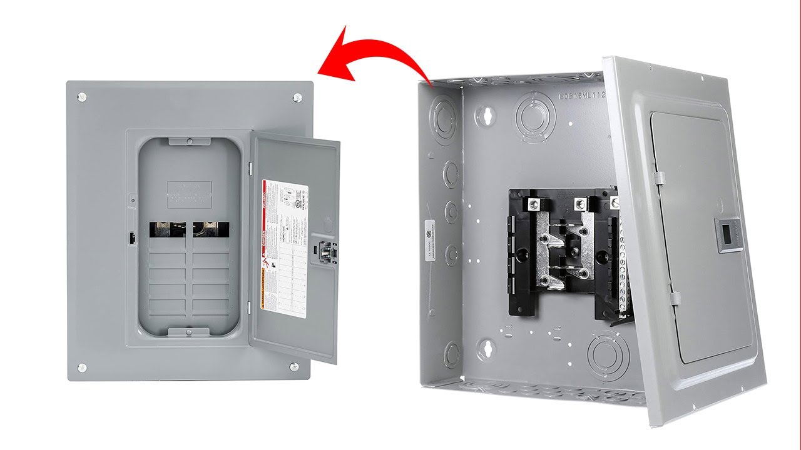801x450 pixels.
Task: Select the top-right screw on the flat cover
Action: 297,97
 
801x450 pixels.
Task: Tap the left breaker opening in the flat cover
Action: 168,228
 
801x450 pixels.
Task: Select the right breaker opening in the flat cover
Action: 210,228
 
